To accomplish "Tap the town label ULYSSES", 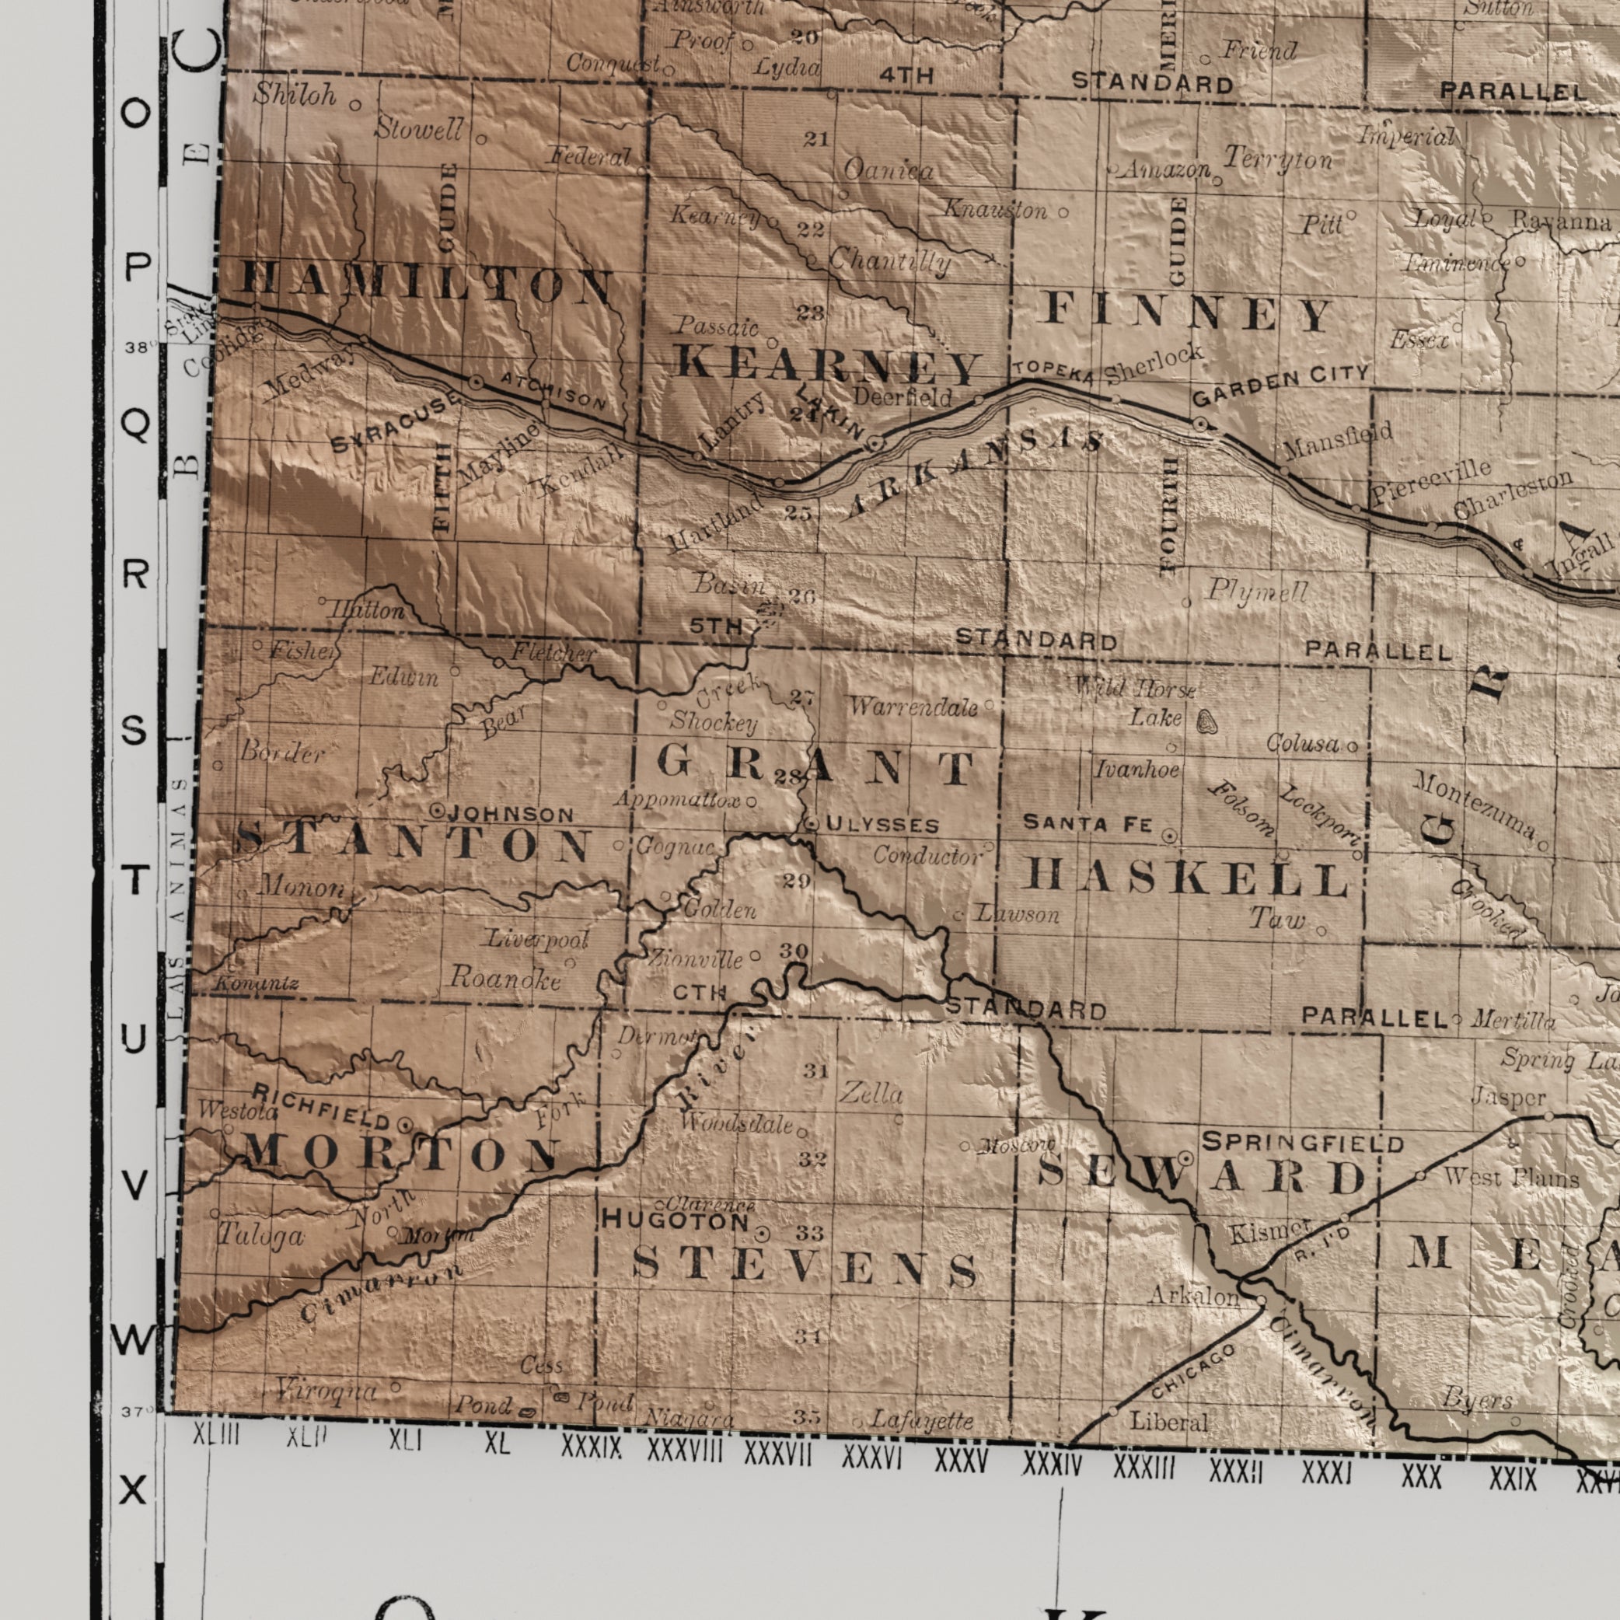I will click(882, 825).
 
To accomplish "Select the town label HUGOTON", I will click(675, 1222).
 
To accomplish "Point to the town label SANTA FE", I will click(1088, 823).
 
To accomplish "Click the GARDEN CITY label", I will click(1280, 386).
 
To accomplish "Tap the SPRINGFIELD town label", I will click(1302, 1142).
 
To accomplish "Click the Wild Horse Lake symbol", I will click(1206, 721).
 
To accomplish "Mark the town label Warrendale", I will click(913, 707).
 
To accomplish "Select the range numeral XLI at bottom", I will click(404, 1464).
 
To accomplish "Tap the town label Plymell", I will click(1257, 592).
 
